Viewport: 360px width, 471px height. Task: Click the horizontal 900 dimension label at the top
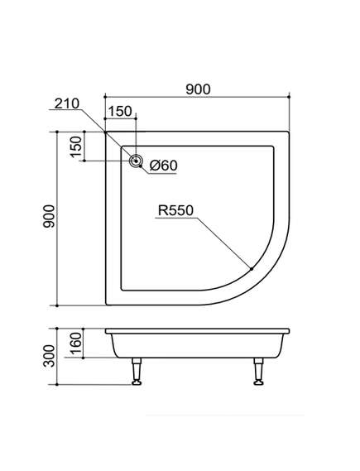point(198,89)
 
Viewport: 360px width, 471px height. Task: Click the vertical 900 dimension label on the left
point(49,216)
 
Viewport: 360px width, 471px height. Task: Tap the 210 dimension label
point(67,103)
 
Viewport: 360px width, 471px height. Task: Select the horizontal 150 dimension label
point(120,111)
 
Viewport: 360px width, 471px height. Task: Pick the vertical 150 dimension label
point(76,147)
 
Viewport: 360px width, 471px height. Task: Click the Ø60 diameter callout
point(164,166)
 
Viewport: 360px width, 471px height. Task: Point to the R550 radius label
point(175,210)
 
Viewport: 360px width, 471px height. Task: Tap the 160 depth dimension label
point(76,343)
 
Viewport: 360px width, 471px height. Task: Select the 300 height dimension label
point(49,356)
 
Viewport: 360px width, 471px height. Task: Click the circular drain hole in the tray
point(136,161)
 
